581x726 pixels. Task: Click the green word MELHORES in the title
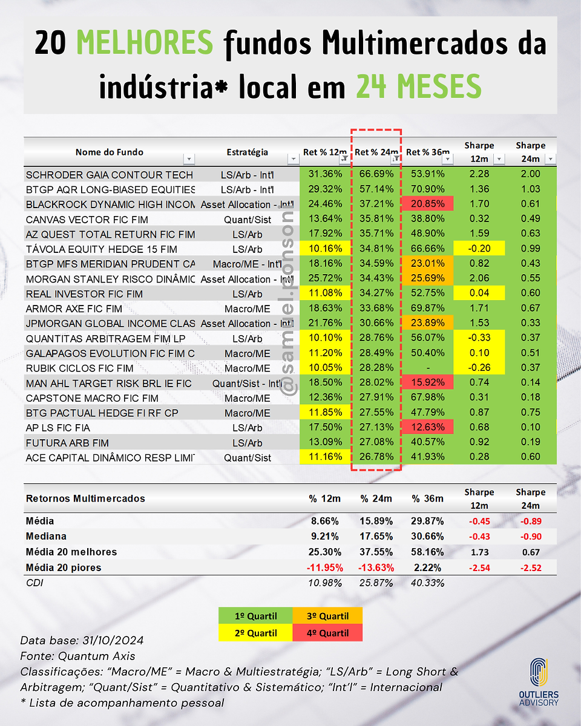pyautogui.click(x=145, y=42)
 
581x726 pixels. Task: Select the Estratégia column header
pyautogui.click(x=247, y=152)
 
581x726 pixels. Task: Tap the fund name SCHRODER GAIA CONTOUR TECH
pyautogui.click(x=110, y=175)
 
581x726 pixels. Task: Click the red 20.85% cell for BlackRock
pyautogui.click(x=427, y=204)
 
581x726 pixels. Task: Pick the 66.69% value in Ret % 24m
pyautogui.click(x=376, y=174)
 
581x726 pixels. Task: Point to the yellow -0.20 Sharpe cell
pyautogui.click(x=479, y=248)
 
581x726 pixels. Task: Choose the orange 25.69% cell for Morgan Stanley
pyautogui.click(x=427, y=278)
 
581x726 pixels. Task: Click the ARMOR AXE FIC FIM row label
pyautogui.click(x=74, y=309)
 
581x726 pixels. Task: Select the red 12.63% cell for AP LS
pyautogui.click(x=427, y=427)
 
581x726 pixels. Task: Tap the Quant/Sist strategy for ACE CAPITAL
pyautogui.click(x=248, y=458)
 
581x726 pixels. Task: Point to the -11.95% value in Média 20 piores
pyautogui.click(x=325, y=567)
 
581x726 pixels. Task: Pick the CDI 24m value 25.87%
pyautogui.click(x=376, y=583)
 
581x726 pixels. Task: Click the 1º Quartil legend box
pyautogui.click(x=255, y=616)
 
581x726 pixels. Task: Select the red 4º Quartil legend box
pyautogui.click(x=327, y=633)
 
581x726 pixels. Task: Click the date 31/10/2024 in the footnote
pyautogui.click(x=113, y=640)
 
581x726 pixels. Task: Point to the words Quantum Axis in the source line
pyautogui.click(x=97, y=656)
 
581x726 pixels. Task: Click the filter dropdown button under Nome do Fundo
pyautogui.click(x=189, y=159)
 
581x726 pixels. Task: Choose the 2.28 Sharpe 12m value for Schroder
pyautogui.click(x=479, y=174)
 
